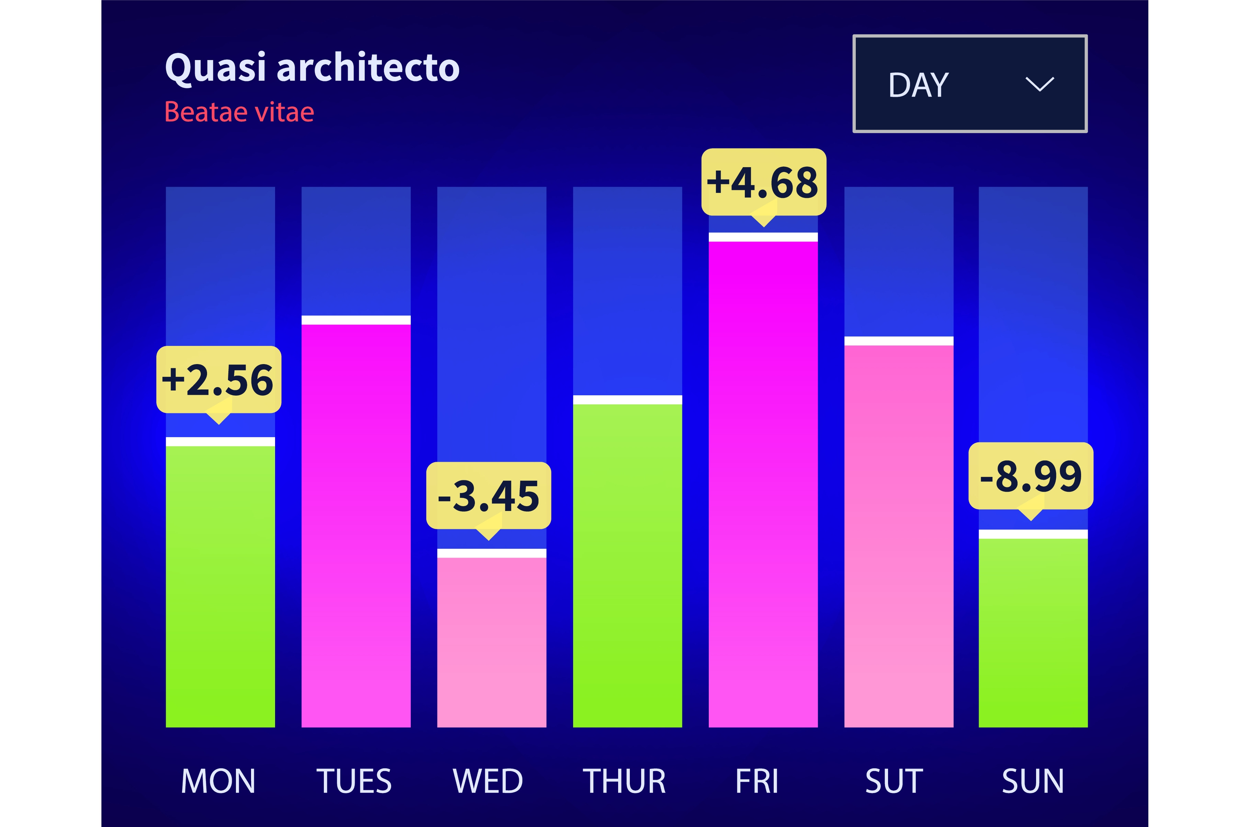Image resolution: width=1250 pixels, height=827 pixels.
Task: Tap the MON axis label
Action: [x=218, y=781]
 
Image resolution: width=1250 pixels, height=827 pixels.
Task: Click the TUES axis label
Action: [x=354, y=781]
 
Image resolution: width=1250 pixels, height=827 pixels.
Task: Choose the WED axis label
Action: [x=488, y=781]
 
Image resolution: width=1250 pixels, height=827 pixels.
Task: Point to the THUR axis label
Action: [x=624, y=781]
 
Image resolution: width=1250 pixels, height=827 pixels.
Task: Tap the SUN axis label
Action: [x=1033, y=781]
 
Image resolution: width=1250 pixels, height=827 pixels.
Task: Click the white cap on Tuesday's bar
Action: [x=356, y=320]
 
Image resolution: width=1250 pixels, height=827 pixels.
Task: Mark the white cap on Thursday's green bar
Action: [x=627, y=400]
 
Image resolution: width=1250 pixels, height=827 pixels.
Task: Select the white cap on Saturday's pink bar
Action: [x=899, y=341]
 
